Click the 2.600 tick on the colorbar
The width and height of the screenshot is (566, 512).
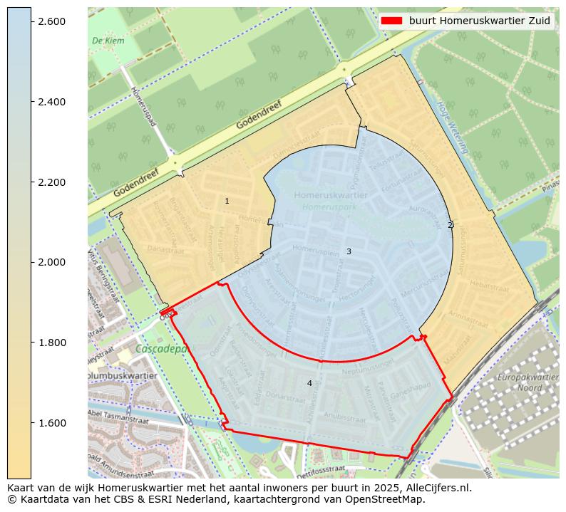click(51, 21)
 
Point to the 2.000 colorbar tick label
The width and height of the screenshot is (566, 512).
click(51, 262)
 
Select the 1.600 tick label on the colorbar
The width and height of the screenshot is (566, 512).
click(51, 423)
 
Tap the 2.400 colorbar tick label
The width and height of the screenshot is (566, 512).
click(51, 102)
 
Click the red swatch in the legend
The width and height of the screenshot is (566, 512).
click(391, 21)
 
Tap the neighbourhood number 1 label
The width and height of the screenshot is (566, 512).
click(227, 202)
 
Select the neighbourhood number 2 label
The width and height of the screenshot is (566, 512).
click(449, 225)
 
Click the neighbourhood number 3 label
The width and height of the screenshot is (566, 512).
click(349, 251)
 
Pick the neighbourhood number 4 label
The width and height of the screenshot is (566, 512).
click(309, 383)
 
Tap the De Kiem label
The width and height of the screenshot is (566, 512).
click(108, 41)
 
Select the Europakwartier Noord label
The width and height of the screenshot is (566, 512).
click(528, 382)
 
